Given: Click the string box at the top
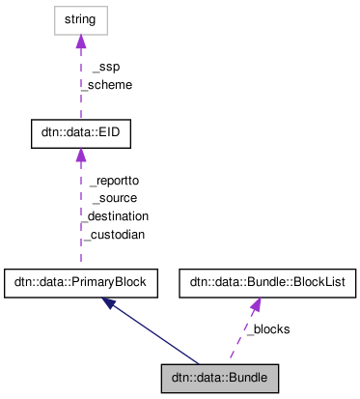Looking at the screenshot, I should (80, 19).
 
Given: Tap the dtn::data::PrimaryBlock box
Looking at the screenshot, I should (80, 283).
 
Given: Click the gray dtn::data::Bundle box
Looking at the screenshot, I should (220, 374).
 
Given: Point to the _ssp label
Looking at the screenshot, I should (105, 68).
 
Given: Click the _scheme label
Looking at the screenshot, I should (106, 84).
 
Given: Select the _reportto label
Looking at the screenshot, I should (114, 181).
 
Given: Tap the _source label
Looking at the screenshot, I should (114, 198).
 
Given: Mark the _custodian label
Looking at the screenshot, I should (113, 234).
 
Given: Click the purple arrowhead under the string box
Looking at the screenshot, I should (80, 42).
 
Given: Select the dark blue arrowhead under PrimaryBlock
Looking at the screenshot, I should (111, 303).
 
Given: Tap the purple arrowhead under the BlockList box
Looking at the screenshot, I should (256, 305).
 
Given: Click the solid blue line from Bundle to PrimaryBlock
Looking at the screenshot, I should (154, 332).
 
